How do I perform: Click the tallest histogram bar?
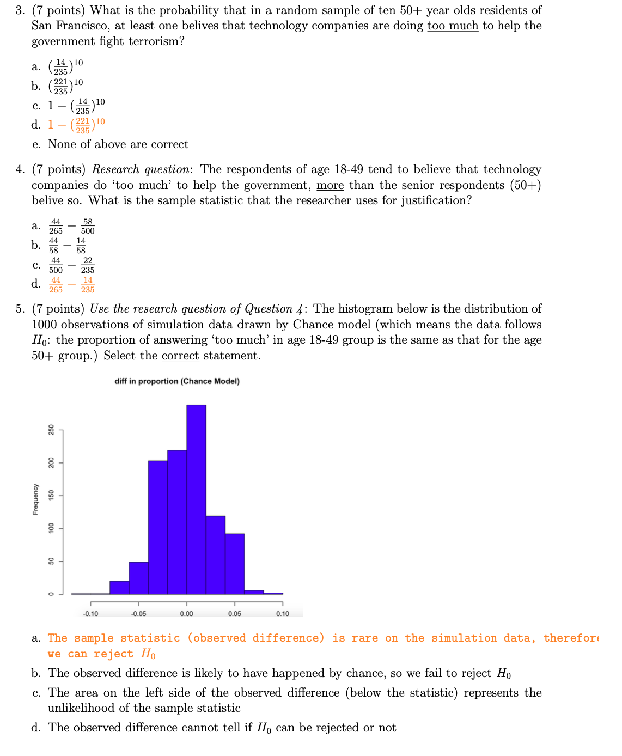pos(196,498)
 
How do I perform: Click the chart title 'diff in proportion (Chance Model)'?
pos(177,381)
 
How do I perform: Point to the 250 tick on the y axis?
pos(51,430)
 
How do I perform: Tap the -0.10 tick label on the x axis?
pos(90,614)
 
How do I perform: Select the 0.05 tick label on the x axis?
pos(235,614)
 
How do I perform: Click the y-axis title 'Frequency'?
pos(35,499)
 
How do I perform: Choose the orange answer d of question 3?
pos(76,125)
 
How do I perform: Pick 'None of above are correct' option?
pos(118,144)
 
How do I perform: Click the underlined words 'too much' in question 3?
pos(453,26)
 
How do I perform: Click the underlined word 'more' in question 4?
pos(330,185)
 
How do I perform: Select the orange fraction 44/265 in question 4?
pos(56,285)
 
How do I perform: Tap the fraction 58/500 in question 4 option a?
pos(88,227)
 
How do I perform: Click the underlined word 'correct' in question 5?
pos(180,356)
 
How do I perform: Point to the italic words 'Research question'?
pos(140,169)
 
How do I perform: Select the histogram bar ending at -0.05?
pos(138,578)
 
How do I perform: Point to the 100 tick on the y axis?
pos(51,528)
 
